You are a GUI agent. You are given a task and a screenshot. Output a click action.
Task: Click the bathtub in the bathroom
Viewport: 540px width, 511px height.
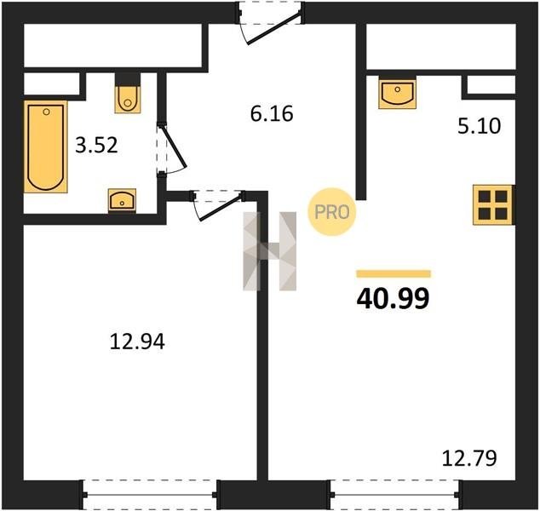[45, 146]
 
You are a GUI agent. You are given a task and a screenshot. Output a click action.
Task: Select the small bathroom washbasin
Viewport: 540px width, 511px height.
[122, 200]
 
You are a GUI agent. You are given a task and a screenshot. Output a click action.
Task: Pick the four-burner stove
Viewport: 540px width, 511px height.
[493, 205]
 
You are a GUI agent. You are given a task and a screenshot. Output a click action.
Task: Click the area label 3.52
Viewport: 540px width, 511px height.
[97, 146]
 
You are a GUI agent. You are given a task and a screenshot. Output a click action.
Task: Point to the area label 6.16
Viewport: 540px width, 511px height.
[272, 113]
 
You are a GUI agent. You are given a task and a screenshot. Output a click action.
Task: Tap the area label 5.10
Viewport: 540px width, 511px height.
[479, 126]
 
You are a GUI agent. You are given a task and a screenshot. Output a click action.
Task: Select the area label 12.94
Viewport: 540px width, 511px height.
[137, 342]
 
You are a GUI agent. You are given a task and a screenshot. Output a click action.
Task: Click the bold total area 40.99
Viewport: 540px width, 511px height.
[394, 298]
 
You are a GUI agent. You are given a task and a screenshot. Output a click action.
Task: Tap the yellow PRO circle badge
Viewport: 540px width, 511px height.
[331, 212]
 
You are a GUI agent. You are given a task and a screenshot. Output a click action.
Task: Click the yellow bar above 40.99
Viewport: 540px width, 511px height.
[394, 273]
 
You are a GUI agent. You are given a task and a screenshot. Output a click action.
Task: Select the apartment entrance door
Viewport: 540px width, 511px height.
[270, 23]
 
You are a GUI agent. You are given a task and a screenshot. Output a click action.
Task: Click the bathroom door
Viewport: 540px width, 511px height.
[172, 149]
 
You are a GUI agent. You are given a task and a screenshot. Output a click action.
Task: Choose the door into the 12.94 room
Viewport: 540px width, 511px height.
[218, 205]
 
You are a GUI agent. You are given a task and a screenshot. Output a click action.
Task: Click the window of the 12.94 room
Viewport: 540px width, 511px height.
[151, 495]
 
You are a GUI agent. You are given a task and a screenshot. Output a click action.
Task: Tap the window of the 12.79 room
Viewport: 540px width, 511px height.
[395, 495]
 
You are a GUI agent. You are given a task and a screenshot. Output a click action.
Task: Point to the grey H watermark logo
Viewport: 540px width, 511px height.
[270, 251]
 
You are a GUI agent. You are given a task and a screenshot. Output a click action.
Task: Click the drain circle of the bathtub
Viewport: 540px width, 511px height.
[47, 112]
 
